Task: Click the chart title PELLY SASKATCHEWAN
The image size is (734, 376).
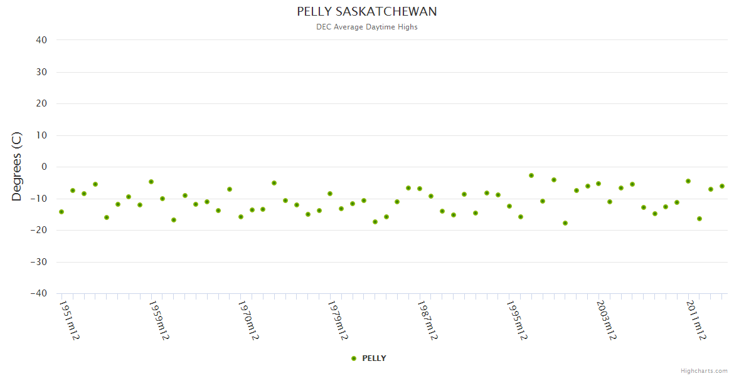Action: tap(367, 12)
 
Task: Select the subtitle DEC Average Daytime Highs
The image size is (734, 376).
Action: tap(367, 27)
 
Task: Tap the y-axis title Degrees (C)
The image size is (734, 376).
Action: tap(17, 167)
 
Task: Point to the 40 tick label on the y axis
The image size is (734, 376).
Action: tap(41, 40)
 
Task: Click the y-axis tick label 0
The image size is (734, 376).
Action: tap(45, 167)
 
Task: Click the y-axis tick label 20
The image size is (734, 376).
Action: tap(41, 103)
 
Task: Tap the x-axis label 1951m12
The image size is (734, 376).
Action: tap(70, 320)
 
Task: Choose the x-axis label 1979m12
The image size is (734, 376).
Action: tap(338, 320)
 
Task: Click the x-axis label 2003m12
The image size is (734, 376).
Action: tap(607, 320)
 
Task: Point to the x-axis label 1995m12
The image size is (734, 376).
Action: tap(517, 320)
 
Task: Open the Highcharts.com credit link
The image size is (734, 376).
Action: tap(704, 371)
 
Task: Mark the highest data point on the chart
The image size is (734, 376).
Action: tap(531, 175)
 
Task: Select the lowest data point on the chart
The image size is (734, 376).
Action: tap(565, 223)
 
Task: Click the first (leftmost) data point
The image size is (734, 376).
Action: tap(61, 212)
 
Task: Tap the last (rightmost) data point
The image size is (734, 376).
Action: tap(722, 186)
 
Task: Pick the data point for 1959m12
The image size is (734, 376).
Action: tap(151, 182)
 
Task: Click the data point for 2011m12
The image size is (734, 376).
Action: tap(688, 181)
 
